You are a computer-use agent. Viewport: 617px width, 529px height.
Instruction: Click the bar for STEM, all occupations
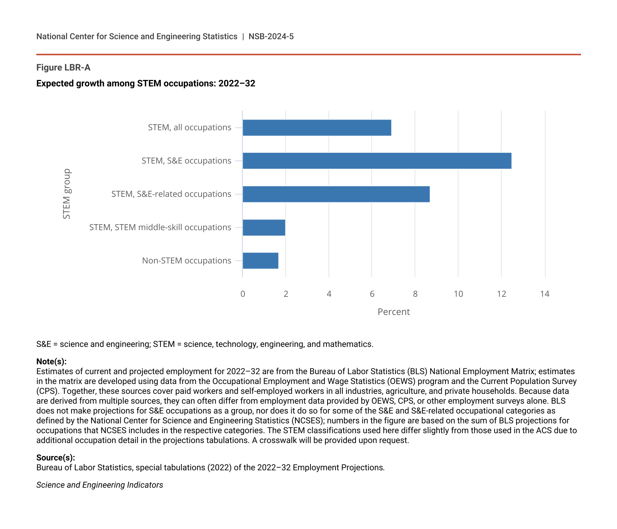pos(317,128)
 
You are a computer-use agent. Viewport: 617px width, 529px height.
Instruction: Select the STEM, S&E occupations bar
pos(377,161)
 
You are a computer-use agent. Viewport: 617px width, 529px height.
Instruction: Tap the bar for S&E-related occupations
pos(336,194)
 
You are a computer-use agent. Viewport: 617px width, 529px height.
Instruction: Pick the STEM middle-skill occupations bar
pos(264,227)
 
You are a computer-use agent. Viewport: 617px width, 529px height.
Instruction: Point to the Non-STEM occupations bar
pos(260,261)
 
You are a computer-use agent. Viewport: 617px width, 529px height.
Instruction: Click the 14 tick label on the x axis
pos(545,294)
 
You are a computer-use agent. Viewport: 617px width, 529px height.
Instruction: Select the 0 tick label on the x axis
pos(243,294)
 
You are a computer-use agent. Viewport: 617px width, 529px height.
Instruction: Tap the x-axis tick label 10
pos(458,294)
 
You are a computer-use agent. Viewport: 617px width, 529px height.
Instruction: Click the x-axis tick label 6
pos(372,294)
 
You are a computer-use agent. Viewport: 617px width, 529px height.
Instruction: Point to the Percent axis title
pos(394,312)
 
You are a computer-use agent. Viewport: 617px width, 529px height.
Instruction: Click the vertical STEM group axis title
pos(66,194)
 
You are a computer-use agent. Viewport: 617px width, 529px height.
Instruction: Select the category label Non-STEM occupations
pos(187,261)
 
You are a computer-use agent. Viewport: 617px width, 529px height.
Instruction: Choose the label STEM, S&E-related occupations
pos(171,194)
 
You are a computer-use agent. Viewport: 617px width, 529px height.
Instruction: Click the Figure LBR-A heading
pos(63,68)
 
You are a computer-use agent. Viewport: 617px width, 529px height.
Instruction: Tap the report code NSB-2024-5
pos(271,36)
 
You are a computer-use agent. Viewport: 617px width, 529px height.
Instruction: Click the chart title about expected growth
pos(146,84)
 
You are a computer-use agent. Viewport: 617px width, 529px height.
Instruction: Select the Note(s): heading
pos(51,362)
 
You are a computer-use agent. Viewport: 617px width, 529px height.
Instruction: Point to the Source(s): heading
pos(56,457)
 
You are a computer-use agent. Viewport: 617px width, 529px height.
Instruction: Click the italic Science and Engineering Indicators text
pos(100,485)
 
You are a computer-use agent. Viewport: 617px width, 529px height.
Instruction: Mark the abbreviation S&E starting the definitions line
pos(44,344)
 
